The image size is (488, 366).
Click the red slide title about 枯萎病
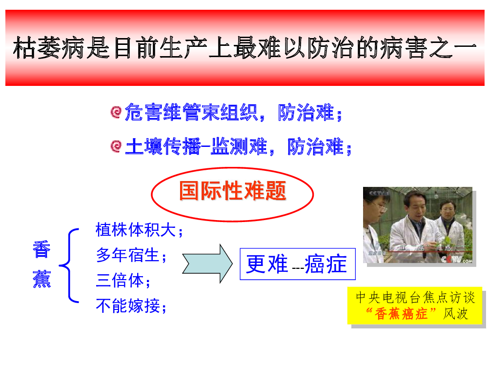click(244, 48)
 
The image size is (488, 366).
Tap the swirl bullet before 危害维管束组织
click(116, 112)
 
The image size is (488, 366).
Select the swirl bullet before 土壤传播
click(116, 146)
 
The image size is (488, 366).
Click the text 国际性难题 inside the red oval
click(232, 191)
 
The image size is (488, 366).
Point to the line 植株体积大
click(139, 230)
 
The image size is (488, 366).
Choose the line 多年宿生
click(131, 256)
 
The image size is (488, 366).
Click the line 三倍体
click(123, 281)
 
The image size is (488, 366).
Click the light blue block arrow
click(207, 264)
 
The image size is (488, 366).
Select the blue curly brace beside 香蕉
click(69, 265)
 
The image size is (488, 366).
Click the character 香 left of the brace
click(41, 249)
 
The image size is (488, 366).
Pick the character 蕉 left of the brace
click(41, 279)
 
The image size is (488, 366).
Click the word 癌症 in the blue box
click(325, 264)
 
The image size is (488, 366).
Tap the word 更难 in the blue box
click(267, 264)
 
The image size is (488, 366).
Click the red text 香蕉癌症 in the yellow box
click(401, 313)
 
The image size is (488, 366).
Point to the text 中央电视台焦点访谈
click(415, 298)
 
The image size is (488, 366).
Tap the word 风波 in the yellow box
click(455, 313)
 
